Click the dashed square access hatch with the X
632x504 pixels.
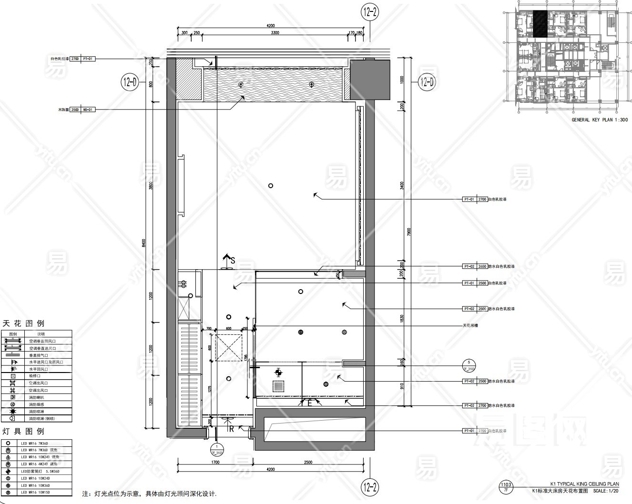(x=228, y=347)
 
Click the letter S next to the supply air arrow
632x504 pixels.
(x=233, y=260)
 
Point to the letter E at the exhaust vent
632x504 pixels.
(x=309, y=403)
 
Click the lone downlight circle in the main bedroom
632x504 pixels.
(x=270, y=186)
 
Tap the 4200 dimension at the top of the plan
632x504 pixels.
(x=271, y=26)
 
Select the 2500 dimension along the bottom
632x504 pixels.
(x=308, y=462)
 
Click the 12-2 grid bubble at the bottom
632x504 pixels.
(x=370, y=487)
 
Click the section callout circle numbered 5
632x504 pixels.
(x=469, y=365)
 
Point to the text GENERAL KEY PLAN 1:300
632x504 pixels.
(x=599, y=120)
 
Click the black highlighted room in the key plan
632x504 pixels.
(x=540, y=24)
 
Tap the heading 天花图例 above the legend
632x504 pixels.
(x=23, y=323)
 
